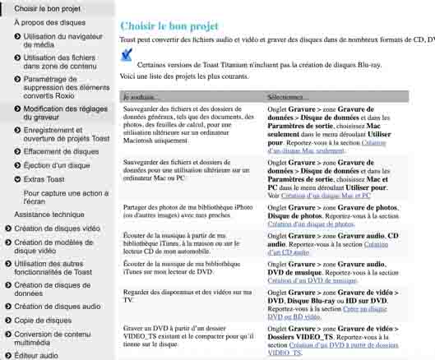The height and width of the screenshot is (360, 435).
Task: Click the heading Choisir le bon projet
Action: click(x=169, y=25)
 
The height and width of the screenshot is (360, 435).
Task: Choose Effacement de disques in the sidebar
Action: click(x=61, y=152)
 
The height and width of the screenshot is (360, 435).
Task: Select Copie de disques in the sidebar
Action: click(x=43, y=321)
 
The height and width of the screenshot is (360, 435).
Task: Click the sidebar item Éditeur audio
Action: click(x=37, y=356)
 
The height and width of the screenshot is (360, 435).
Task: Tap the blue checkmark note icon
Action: click(x=126, y=56)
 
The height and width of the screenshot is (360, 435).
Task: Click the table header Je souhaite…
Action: click(x=141, y=97)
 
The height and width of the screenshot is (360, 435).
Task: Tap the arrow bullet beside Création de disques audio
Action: click(x=7, y=307)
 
